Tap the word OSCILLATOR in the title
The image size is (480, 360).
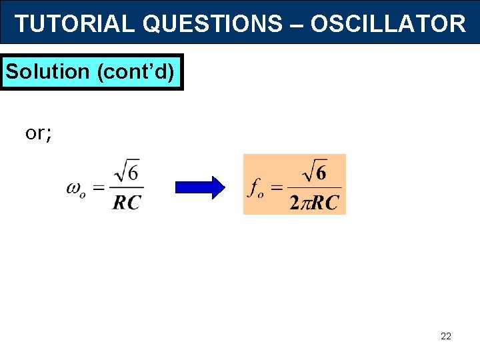pos(388,24)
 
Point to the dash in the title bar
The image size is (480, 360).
pos(297,24)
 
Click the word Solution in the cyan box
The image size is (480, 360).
pos(47,71)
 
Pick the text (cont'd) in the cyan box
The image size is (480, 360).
pos(137,71)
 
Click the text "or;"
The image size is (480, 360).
pos(39,133)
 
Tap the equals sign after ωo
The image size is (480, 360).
pos(98,188)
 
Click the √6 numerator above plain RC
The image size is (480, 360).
pos(127,173)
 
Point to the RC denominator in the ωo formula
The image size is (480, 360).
pos(127,202)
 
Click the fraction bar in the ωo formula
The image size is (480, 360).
pos(127,188)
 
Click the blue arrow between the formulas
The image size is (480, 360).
pos(201,187)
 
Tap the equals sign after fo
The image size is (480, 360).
pos(277,188)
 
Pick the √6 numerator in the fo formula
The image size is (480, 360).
pos(314,173)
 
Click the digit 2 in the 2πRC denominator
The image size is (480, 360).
pos(294,203)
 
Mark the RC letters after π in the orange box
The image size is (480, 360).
pos(326,203)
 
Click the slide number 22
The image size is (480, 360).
pos(446,336)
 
